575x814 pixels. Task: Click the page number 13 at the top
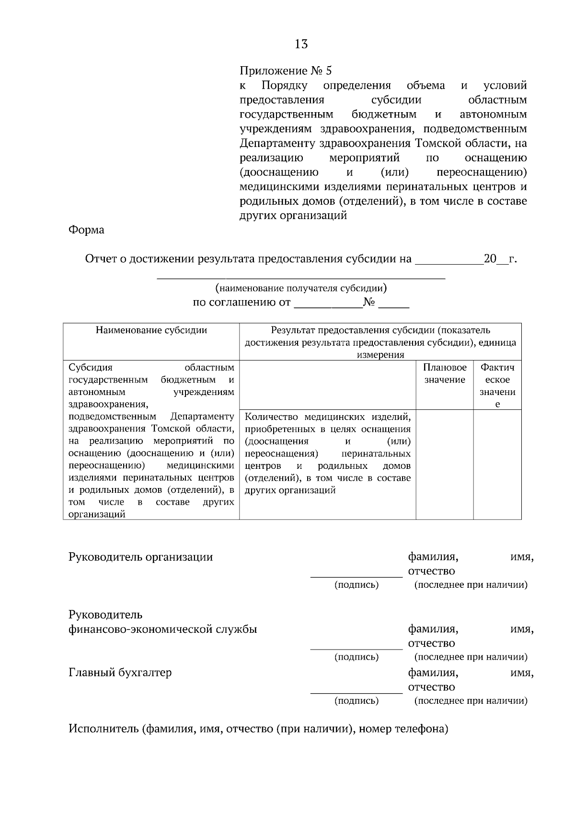click(301, 45)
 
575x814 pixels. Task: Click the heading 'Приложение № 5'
click(286, 71)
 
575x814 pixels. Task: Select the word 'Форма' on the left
click(86, 230)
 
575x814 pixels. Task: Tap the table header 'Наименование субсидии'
click(151, 330)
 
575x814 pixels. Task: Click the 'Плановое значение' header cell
click(445, 374)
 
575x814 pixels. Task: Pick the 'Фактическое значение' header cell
click(497, 385)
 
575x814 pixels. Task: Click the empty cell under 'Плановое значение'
click(445, 464)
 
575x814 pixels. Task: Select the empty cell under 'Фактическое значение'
click(497, 464)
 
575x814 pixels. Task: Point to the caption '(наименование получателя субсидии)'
click(301, 289)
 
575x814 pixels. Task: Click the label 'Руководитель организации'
click(141, 557)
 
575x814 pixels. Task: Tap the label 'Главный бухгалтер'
click(120, 673)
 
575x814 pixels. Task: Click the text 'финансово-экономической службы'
click(163, 629)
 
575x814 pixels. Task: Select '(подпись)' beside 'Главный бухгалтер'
click(356, 701)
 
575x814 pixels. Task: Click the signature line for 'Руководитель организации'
click(356, 575)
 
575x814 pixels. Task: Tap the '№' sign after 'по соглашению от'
click(369, 303)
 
